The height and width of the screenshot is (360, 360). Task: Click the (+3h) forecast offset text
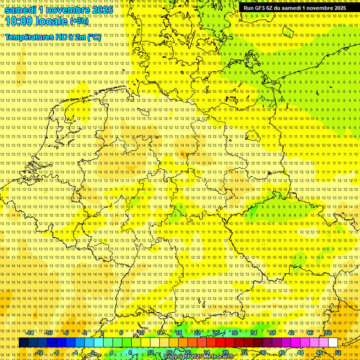pyautogui.click(x=78, y=21)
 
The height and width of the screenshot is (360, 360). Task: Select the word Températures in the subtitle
pyautogui.click(x=31, y=37)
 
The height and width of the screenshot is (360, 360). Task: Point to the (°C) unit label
pyautogui.click(x=93, y=37)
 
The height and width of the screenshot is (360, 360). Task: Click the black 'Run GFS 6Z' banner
pyautogui.click(x=294, y=8)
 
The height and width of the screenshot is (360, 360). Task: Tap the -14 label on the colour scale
pyautogui.click(x=30, y=333)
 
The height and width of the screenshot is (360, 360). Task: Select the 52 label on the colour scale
pyautogui.click(x=337, y=352)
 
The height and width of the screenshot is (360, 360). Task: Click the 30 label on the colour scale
pyautogui.click(x=234, y=333)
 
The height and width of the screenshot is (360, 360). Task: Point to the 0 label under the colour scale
pyautogui.click(x=93, y=352)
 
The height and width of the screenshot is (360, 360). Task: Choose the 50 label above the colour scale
pyautogui.click(x=328, y=333)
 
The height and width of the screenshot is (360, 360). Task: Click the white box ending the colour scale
pyautogui.click(x=333, y=343)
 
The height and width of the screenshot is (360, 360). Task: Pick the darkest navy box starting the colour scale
pyautogui.click(x=23, y=343)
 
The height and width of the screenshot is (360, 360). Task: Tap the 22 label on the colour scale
pyautogui.click(x=197, y=333)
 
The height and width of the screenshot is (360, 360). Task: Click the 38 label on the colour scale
pyautogui.click(x=272, y=333)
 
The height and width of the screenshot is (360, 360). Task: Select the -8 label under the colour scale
pyautogui.click(x=56, y=352)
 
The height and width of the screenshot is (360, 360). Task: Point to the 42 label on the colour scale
pyautogui.click(x=291, y=333)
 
